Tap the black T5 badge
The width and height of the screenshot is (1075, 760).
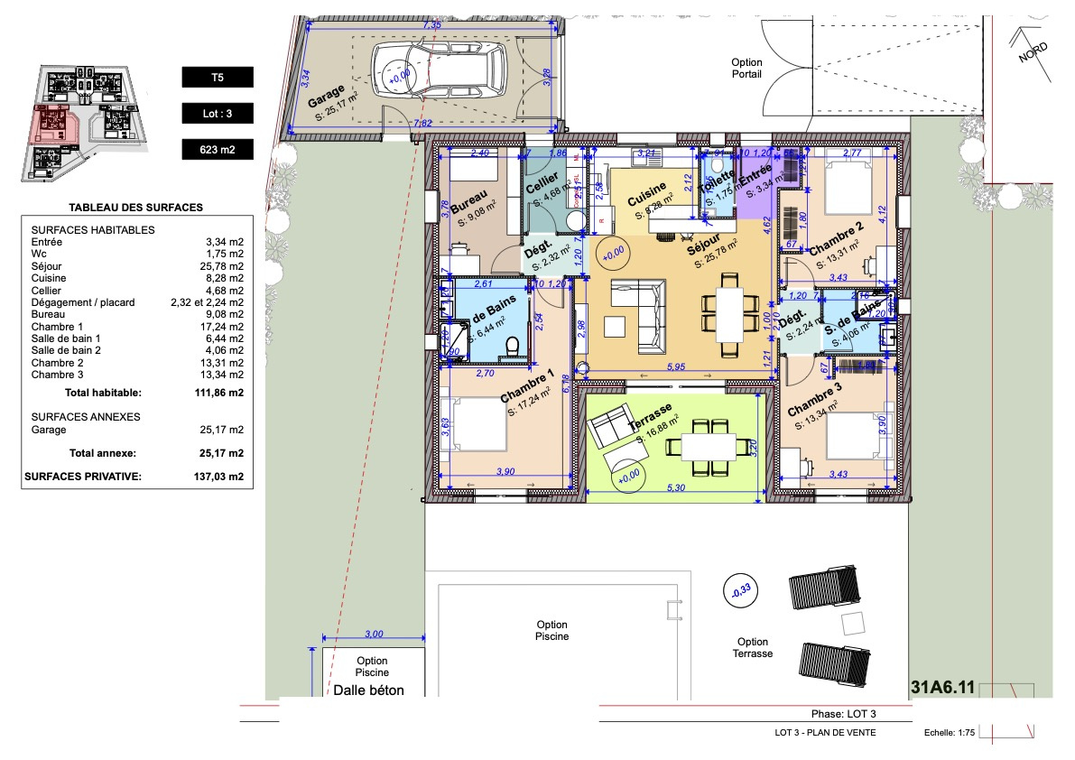pos(218,78)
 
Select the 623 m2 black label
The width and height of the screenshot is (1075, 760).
pos(218,149)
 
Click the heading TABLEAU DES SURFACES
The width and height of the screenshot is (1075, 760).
pos(135,208)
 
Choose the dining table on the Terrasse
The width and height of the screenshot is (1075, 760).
pos(709,445)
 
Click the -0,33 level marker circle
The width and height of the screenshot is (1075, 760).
pos(739,591)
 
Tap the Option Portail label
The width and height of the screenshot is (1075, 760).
pos(746,68)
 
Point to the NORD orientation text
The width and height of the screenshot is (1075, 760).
pos(1033,52)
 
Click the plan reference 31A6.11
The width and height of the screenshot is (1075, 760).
pos(944,688)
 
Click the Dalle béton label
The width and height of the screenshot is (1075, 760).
pos(369,690)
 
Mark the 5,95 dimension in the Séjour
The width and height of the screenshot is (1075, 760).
pos(675,366)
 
